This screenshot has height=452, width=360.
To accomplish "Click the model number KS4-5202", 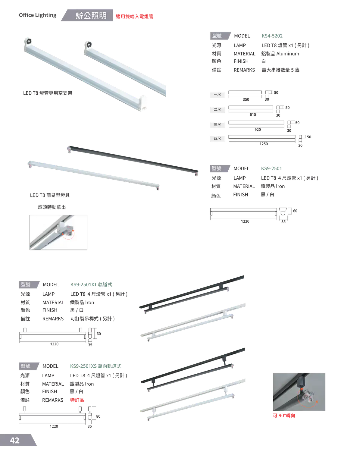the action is pos(272,36).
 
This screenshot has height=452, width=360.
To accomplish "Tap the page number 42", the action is pos(15,440).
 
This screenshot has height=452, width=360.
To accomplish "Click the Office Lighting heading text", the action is pos(38,15).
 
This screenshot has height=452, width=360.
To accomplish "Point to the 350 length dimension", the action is pos(246,99).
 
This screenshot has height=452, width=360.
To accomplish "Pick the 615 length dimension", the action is pos(253,115).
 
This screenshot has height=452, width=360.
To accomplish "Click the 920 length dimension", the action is pos(258,130).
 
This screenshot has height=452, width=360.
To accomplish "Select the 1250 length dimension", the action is pos(263,144).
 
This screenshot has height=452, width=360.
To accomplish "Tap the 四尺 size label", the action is pos(217,138).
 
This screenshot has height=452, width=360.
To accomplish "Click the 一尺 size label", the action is pos(217,95).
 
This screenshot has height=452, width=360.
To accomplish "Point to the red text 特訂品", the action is pos(77,400).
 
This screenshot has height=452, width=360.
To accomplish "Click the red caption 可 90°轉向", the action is pos(284,415).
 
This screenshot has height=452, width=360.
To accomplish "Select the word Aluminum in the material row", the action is pos(287,54).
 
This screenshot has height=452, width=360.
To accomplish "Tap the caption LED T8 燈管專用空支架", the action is pos(48,93).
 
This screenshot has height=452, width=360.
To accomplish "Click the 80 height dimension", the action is pos(98,416).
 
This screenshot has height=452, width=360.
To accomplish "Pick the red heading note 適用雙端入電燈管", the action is pos(134,16).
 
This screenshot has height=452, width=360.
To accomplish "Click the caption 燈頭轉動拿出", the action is pos(52,207).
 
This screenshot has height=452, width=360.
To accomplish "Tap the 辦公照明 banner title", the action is pos(91,16).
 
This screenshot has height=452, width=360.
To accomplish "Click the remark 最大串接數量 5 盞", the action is pos(280,70).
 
